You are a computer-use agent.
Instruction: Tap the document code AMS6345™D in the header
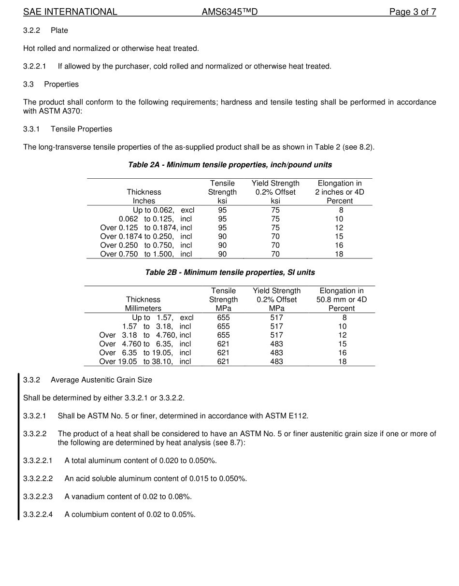[x=229, y=12]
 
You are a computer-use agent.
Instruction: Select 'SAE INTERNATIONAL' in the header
[x=70, y=12]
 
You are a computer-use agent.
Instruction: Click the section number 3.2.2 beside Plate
[x=31, y=30]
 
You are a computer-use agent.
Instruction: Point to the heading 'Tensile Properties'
[x=81, y=129]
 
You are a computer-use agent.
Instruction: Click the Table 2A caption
[x=229, y=165]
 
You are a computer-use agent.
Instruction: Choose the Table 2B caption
[x=229, y=272]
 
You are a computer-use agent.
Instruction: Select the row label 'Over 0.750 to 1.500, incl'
[x=146, y=254]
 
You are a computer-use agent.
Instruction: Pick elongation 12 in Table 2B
[x=342, y=335]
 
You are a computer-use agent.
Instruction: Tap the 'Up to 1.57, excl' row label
[x=162, y=318]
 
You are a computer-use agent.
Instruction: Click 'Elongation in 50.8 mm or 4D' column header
[x=341, y=300]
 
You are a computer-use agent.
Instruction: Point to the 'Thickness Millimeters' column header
[x=143, y=304]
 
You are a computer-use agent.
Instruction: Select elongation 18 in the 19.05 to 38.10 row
[x=342, y=361]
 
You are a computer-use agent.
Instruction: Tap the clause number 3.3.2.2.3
[x=38, y=497]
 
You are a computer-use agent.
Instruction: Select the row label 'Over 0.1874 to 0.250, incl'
[x=146, y=237]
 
